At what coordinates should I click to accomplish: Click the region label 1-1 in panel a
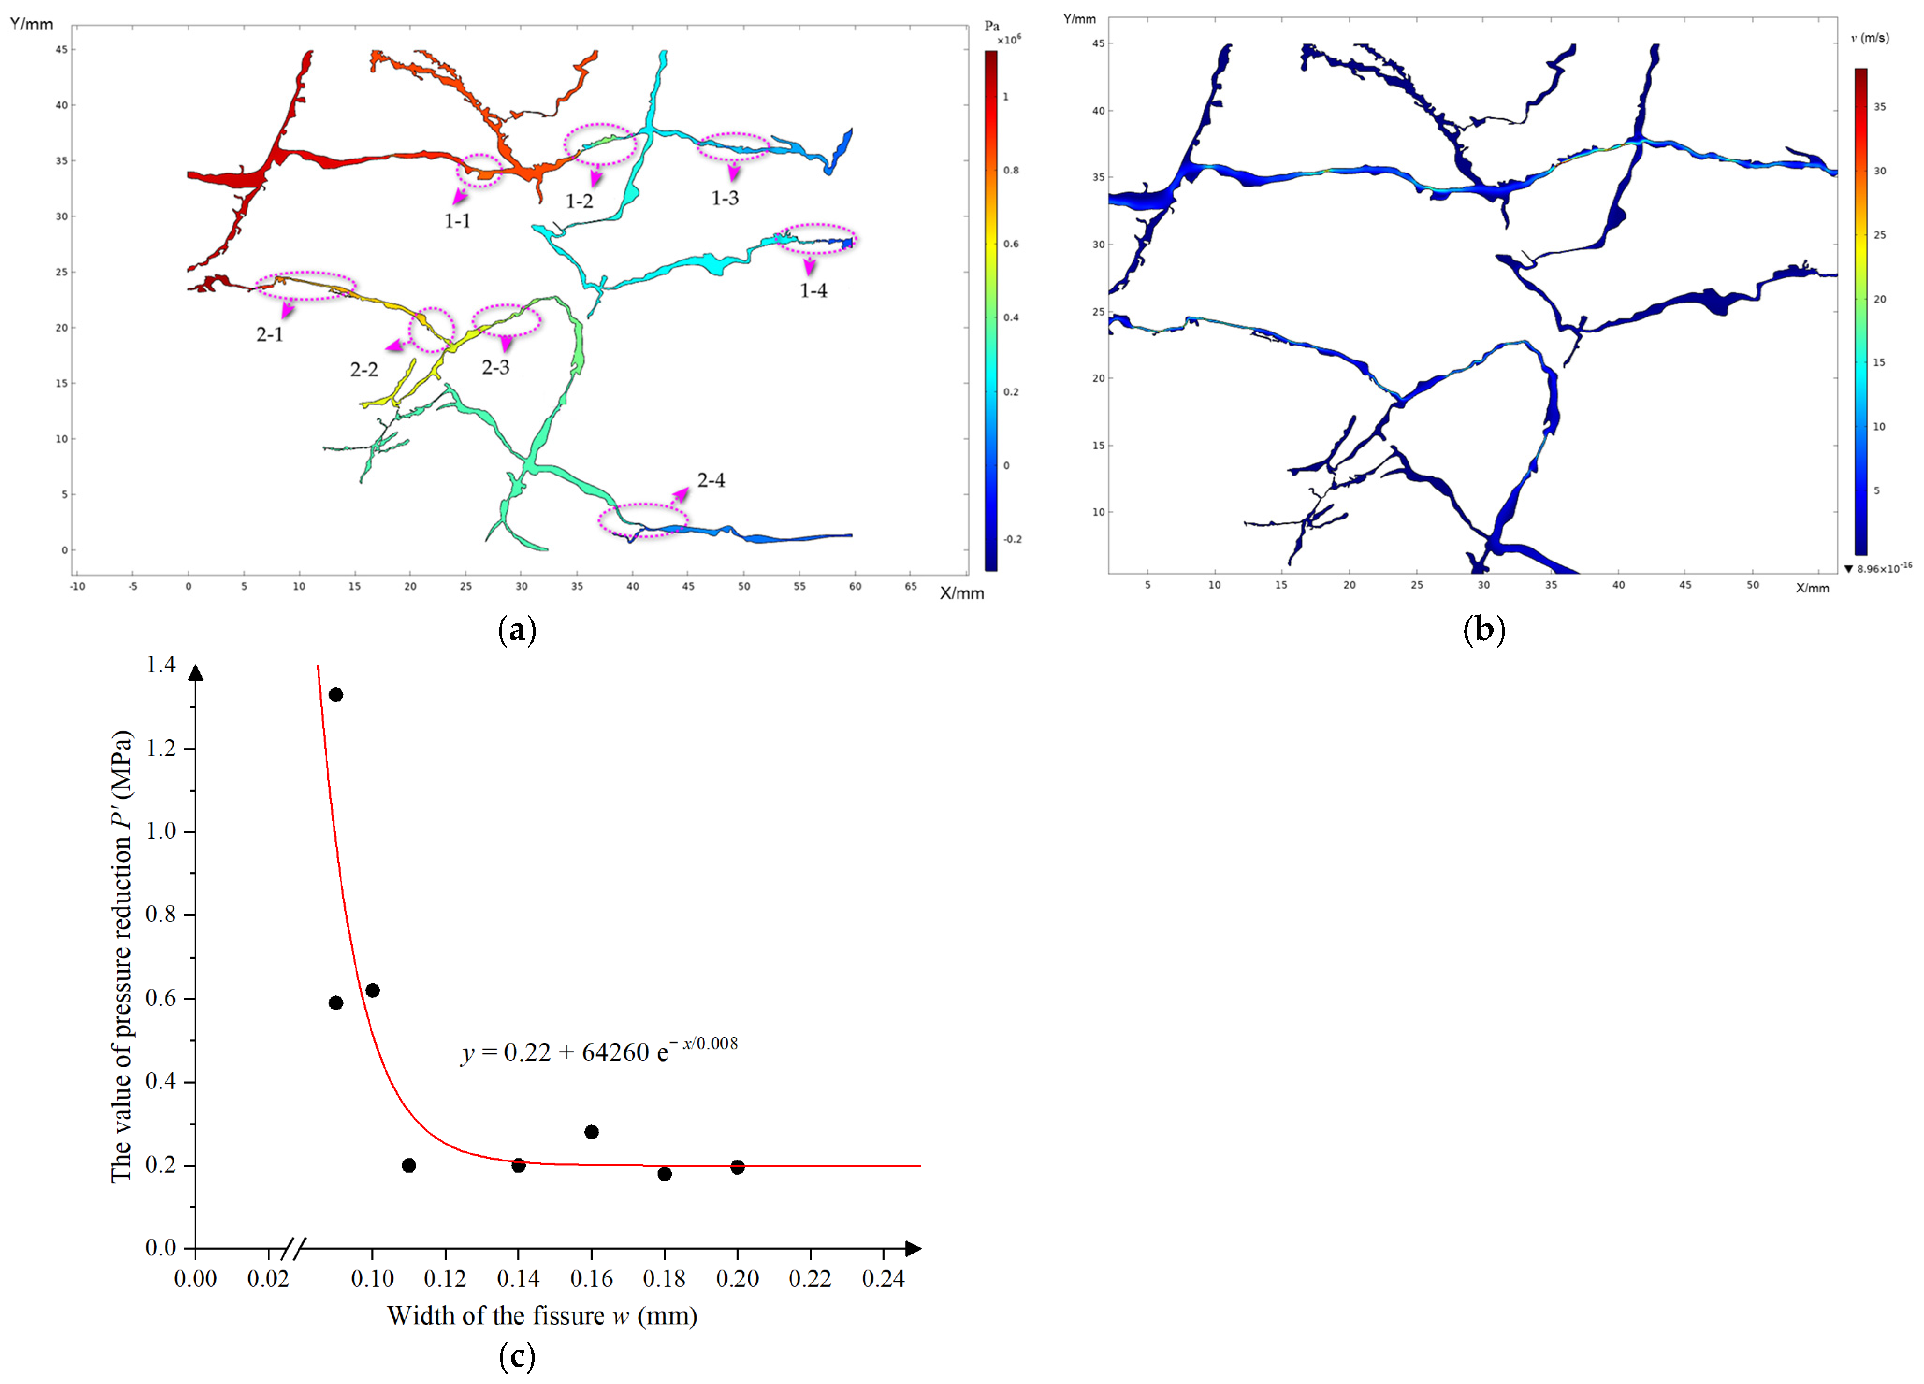(x=457, y=221)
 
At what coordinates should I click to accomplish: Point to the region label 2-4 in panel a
(x=711, y=481)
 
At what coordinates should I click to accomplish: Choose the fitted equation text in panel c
(x=599, y=1052)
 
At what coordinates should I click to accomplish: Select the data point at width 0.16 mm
(x=591, y=1132)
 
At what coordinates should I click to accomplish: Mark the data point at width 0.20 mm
(x=737, y=1167)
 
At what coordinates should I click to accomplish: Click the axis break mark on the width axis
(x=293, y=1248)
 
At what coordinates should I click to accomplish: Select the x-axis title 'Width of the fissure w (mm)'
(x=542, y=1316)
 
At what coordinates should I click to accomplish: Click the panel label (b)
(x=1484, y=630)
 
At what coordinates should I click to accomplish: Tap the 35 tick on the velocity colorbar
(x=1880, y=107)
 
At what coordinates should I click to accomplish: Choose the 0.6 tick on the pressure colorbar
(x=1011, y=244)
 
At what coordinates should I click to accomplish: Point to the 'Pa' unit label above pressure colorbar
(x=992, y=26)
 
